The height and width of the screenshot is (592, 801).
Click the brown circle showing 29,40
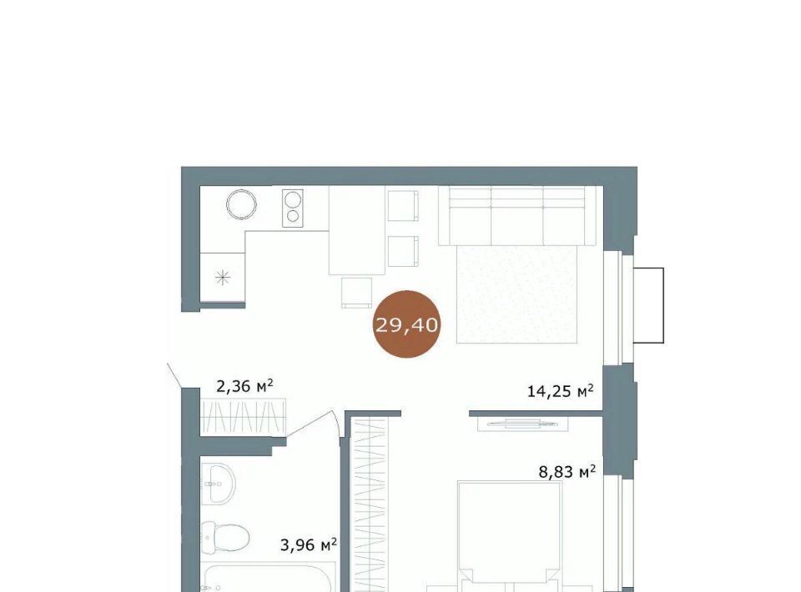[x=406, y=324]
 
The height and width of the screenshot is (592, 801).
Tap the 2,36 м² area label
[x=244, y=386]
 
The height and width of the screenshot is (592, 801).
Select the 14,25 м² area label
[x=561, y=391]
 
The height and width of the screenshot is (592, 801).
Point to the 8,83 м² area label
[x=567, y=472]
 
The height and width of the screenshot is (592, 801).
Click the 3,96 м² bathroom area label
[x=309, y=545]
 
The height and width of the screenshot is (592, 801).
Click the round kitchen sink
[x=241, y=204]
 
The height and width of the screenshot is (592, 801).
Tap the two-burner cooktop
[x=293, y=208]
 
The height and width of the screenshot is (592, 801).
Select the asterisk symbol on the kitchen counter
[x=223, y=278]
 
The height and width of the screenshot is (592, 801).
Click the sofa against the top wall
[x=517, y=216]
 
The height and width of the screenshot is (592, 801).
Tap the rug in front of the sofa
[x=517, y=294]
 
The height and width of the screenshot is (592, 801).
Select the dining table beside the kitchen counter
[x=356, y=230]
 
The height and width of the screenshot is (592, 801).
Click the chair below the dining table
[x=356, y=293]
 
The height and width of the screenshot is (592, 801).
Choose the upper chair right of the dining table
[x=403, y=206]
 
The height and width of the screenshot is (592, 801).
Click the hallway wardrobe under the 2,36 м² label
[x=243, y=416]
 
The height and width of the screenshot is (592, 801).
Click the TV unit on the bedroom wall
[x=523, y=424]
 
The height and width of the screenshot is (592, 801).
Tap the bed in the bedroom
[x=510, y=536]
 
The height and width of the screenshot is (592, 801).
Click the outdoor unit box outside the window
[x=648, y=305]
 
